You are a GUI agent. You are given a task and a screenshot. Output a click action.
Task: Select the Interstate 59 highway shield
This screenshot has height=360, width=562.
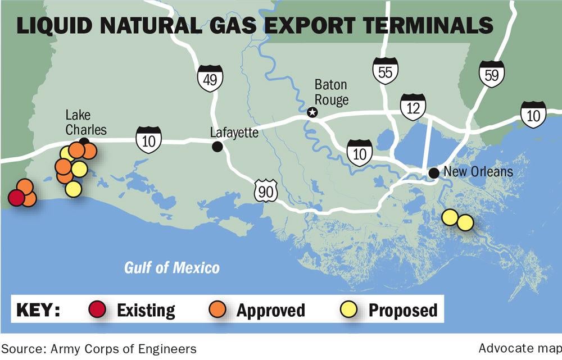tap(491, 74)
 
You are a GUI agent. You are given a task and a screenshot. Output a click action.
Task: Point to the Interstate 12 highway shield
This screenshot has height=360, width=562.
tap(413, 107)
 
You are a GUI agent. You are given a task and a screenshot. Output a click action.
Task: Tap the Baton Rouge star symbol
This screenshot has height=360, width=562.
tap(312, 113)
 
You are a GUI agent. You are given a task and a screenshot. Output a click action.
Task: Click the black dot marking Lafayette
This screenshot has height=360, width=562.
tap(217, 147)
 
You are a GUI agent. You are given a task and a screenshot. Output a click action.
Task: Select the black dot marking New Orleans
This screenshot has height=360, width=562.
tap(434, 173)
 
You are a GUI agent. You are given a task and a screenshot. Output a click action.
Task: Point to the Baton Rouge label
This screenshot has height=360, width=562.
tap(331, 93)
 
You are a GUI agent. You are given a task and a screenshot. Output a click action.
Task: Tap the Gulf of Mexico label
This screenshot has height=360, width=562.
tap(172, 267)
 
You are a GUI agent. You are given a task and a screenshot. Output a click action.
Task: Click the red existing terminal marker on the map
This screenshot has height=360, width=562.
tap(16, 197)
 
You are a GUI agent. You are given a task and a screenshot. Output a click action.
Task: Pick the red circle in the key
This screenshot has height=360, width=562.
tap(97, 309)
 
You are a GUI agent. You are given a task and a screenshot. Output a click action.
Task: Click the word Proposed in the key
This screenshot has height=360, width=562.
tap(402, 310)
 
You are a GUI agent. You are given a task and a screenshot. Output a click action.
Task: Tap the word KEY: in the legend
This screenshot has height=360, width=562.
tap(38, 310)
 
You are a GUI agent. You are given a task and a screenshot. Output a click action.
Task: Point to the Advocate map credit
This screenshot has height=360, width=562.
tap(520, 349)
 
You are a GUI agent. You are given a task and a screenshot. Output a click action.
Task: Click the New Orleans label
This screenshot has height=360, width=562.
tap(478, 171)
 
